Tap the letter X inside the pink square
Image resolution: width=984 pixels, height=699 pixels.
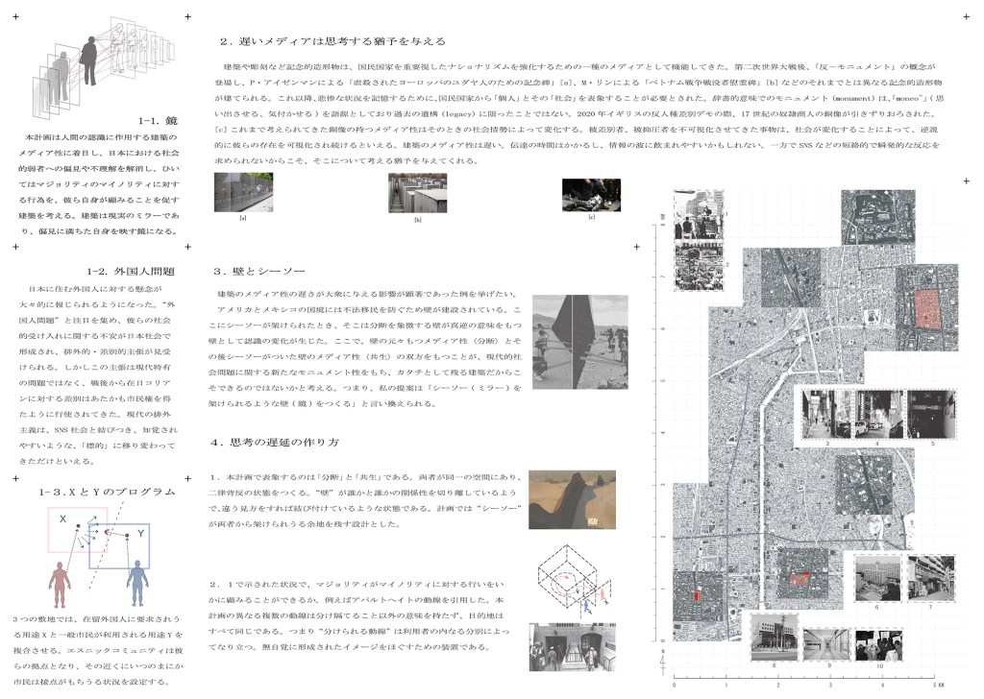[x=62, y=519]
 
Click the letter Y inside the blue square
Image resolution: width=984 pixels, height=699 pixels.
[x=140, y=532]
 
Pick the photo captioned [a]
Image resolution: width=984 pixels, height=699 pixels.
[x=243, y=192]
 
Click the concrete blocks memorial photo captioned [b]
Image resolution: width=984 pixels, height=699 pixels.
[x=417, y=193]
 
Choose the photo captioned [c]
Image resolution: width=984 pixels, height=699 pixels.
[x=591, y=194]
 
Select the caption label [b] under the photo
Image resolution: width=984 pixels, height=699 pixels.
[x=417, y=220]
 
